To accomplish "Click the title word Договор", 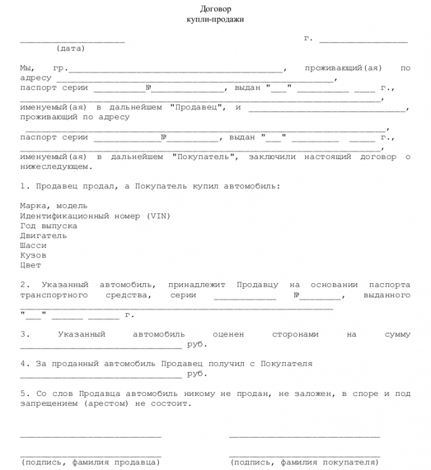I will coord(215,9).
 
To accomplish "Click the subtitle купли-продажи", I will coord(215,20).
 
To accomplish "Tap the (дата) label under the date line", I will coord(71,48).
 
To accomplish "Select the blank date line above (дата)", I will coord(72,41).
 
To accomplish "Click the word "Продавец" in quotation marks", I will coord(193,107).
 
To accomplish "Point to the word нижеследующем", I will coord(56,167).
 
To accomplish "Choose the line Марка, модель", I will coord(54,206).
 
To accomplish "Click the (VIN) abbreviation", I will coord(158,216).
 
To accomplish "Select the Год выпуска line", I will coord(49,226).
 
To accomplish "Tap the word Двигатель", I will coord(44,236).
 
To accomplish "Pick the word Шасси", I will coord(33,245).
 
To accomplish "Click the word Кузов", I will coord(33,255).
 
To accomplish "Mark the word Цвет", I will coord(31,265).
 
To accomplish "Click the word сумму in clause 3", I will coord(397,334).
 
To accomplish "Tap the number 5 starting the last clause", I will coord(22,394).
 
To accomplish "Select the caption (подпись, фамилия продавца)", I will coord(91,461).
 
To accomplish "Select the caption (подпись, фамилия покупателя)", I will coord(304,461).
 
